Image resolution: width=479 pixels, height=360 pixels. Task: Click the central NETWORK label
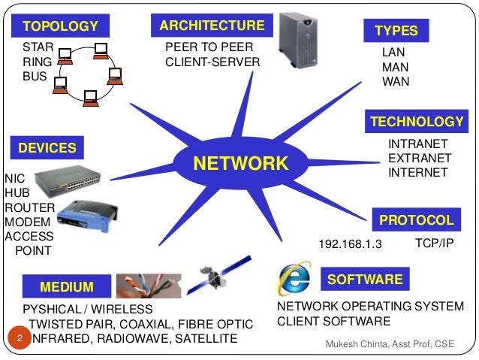(241, 163)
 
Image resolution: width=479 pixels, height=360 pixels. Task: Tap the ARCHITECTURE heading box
(212, 26)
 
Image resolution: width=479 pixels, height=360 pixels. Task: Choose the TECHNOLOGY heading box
(417, 122)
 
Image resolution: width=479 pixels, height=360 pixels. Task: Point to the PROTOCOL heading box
(416, 220)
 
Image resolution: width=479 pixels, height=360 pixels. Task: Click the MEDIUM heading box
(67, 286)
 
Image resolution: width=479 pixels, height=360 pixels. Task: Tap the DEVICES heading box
(47, 148)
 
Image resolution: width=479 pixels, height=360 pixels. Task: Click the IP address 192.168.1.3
(351, 244)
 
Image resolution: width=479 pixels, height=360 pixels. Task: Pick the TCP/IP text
(435, 244)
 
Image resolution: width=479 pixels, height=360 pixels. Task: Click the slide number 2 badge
(20, 339)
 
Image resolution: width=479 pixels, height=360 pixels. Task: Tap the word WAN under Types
(396, 81)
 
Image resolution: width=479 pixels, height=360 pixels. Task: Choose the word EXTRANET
(420, 158)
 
